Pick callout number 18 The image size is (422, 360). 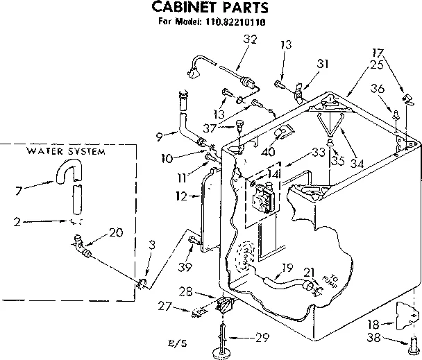click(373, 323)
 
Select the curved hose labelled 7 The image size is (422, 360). click(67, 171)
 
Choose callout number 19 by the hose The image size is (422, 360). click(286, 267)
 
